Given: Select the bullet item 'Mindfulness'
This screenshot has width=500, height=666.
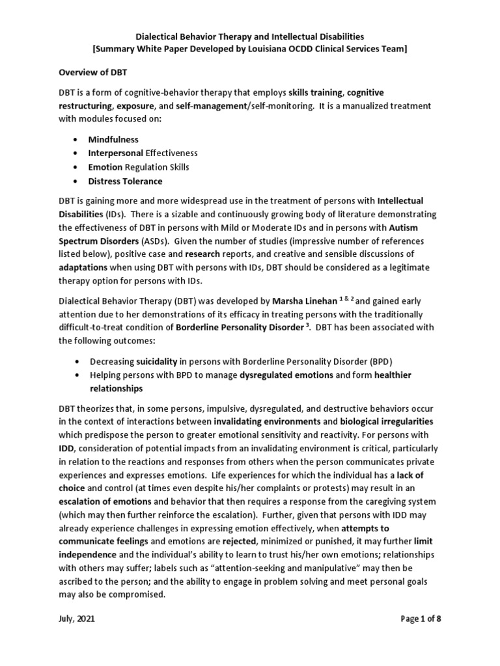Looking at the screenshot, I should coord(113,139).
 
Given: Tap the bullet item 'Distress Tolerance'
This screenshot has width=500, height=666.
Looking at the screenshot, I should coord(125,181).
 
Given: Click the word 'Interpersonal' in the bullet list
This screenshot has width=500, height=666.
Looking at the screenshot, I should coord(115,153).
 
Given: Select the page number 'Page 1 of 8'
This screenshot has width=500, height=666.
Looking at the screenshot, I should coord(421,619).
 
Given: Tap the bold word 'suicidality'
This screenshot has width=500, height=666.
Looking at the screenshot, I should coord(158,361).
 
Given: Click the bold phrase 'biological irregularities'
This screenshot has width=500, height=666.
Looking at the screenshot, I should coord(385,420).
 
